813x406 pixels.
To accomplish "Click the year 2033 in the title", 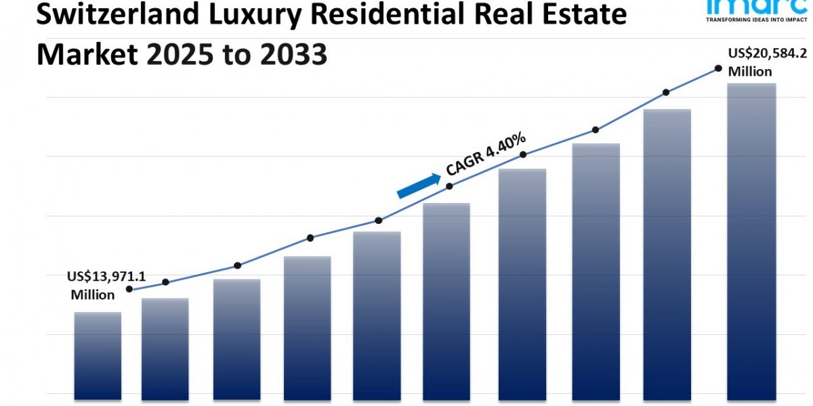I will [295, 53].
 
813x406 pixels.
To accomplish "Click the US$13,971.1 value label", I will [106, 277].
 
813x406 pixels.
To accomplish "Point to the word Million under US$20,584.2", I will [750, 72].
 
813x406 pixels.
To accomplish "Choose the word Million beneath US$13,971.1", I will [93, 295].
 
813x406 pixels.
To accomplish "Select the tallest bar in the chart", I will [751, 237].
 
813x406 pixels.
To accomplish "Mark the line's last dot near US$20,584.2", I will [717, 68].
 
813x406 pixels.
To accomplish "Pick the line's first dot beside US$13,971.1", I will [129, 289].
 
